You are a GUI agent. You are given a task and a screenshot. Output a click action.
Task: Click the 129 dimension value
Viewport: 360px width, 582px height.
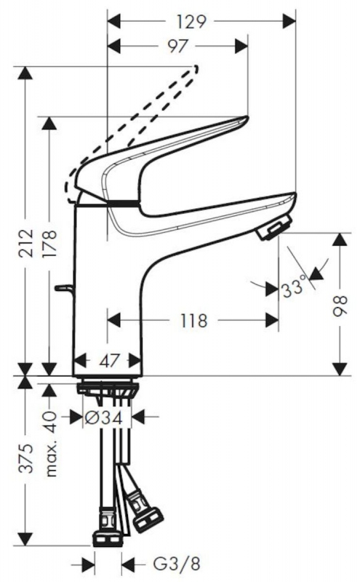click(x=191, y=22)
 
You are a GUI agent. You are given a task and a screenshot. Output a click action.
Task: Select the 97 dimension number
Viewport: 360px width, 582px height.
click(x=177, y=46)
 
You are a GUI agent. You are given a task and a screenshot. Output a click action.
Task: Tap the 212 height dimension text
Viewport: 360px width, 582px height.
click(x=27, y=244)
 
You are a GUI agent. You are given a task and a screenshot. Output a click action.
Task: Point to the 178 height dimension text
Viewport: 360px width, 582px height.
click(x=49, y=244)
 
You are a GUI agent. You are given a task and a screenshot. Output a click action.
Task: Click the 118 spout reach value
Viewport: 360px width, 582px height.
click(x=193, y=320)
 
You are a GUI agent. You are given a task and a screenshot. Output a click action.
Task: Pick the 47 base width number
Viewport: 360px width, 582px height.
click(x=111, y=360)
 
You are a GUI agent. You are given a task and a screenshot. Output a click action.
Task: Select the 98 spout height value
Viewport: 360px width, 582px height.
click(x=340, y=306)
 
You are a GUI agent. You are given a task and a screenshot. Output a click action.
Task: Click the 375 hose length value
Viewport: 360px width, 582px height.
click(x=27, y=458)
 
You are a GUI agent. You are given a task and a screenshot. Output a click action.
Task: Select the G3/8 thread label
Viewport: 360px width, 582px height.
click(x=177, y=565)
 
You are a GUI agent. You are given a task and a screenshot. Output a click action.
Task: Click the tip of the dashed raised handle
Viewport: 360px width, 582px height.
click(x=196, y=68)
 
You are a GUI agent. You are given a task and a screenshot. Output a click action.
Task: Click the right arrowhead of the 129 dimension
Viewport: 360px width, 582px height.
click(x=289, y=22)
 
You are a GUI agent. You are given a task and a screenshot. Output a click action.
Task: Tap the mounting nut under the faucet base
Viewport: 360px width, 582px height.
click(x=107, y=388)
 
